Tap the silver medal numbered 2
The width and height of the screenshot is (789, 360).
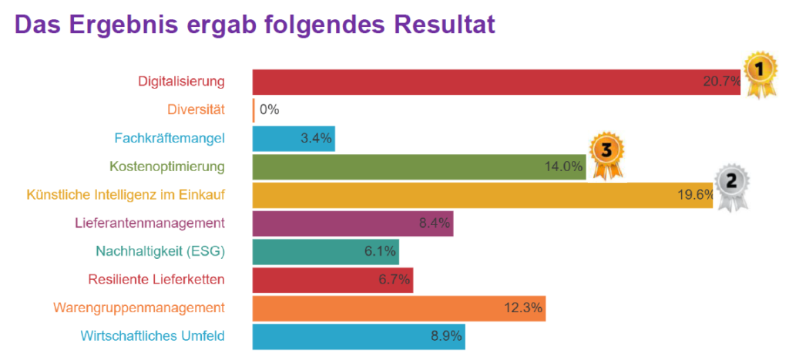[x=731, y=186]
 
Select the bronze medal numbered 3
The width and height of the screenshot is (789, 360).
[x=606, y=155]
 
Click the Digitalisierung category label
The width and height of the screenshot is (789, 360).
[x=181, y=81]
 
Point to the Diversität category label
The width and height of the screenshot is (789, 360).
[x=196, y=109]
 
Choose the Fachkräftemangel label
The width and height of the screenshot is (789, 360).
[x=170, y=138]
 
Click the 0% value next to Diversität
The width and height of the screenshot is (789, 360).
[x=269, y=109]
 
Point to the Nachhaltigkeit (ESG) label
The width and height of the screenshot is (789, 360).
[x=160, y=251]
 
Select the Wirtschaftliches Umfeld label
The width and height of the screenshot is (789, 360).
[x=153, y=336]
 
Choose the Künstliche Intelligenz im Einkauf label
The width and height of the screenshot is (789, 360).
[x=126, y=195]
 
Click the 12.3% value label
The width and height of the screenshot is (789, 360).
[x=524, y=308]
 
